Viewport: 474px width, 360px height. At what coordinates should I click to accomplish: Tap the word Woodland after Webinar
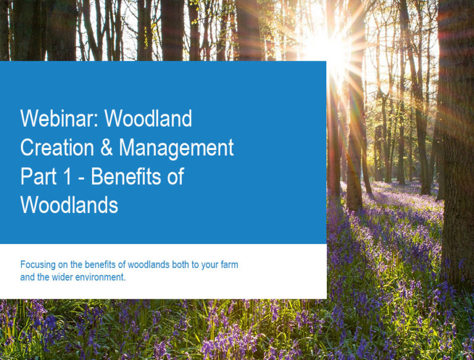[148, 118]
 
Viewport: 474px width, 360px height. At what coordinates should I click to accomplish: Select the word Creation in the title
[57, 148]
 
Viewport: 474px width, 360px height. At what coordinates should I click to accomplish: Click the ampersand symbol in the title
[106, 148]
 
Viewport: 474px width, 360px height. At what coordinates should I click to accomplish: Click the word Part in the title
[38, 176]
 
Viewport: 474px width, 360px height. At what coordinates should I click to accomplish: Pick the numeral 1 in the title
[67, 176]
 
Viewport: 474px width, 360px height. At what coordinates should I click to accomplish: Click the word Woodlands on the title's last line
[69, 205]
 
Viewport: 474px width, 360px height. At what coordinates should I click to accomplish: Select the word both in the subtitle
[181, 264]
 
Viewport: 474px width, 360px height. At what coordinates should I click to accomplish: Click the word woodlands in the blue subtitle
[148, 264]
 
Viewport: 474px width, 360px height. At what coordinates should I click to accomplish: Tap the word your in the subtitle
[209, 266]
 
